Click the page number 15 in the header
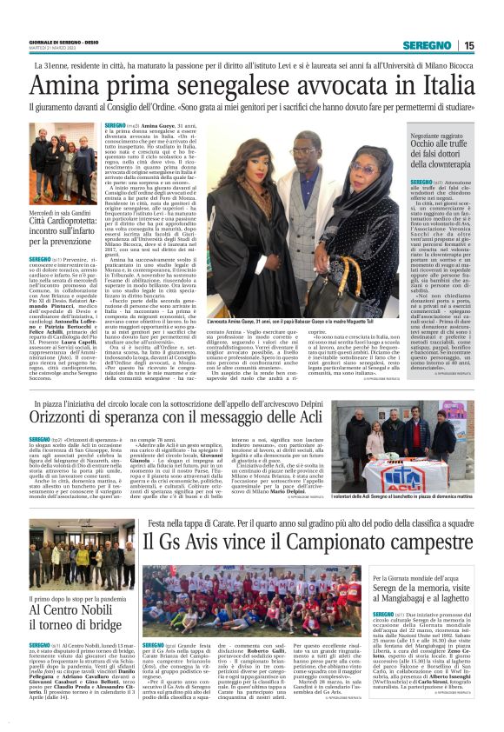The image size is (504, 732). click(470, 45)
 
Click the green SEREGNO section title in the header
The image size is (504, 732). click(432, 45)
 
